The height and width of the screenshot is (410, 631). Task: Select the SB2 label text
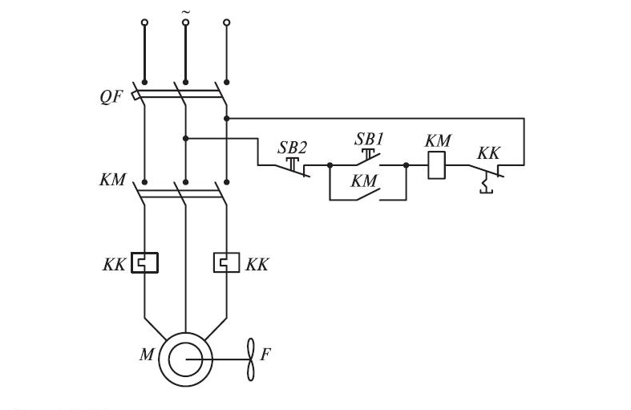click(x=292, y=147)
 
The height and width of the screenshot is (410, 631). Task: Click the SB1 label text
click(x=370, y=139)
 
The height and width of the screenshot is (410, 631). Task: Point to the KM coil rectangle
click(x=436, y=166)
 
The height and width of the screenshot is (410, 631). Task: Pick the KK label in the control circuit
click(x=488, y=152)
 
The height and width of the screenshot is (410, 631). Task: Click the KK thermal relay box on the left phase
click(x=145, y=262)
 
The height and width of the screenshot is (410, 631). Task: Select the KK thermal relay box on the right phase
click(x=227, y=262)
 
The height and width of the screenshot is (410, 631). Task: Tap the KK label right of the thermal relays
click(x=257, y=264)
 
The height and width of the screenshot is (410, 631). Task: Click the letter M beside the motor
click(x=147, y=354)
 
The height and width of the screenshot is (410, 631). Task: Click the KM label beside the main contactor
click(x=113, y=180)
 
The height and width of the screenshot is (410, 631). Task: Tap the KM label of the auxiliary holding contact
click(x=364, y=181)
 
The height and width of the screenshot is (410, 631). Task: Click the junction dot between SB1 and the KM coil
click(x=407, y=166)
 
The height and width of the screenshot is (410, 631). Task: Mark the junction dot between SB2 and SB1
click(x=330, y=166)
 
